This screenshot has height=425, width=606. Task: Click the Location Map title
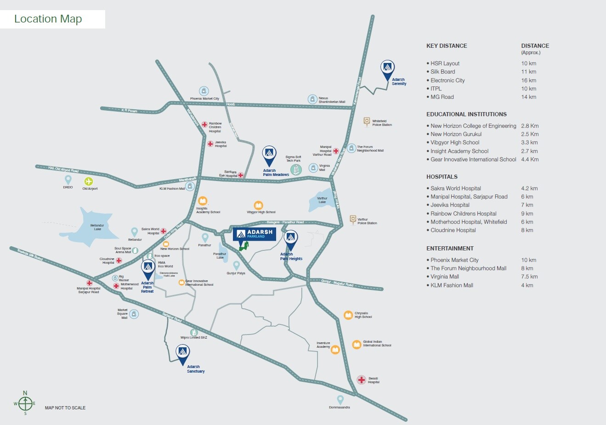tap(48, 19)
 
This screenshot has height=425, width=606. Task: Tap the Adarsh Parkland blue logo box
tap(254, 234)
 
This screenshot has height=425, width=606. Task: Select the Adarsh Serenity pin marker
tap(387, 69)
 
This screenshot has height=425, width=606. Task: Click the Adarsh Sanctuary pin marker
tap(183, 354)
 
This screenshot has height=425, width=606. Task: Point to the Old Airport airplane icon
tap(88, 181)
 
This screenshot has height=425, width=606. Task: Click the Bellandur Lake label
tap(97, 227)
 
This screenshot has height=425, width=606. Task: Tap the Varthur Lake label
tap(322, 200)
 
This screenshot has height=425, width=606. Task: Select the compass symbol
tap(25, 403)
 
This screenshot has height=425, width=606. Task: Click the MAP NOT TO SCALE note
tap(65, 408)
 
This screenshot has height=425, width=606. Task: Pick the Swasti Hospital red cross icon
tap(362, 380)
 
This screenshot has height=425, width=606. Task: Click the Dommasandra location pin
tap(340, 399)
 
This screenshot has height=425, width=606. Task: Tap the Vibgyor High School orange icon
tap(258, 205)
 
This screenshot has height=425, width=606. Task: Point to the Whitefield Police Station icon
tap(367, 121)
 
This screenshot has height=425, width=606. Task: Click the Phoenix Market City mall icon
tap(204, 91)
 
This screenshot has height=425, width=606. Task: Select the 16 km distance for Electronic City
tap(528, 80)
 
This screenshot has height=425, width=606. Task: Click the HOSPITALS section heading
tap(442, 176)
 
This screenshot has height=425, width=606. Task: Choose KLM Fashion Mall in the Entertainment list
tap(452, 285)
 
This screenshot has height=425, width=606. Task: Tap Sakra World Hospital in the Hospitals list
tap(455, 188)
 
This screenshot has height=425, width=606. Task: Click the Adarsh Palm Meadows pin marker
tap(269, 155)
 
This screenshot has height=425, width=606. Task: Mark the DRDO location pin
tap(68, 179)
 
